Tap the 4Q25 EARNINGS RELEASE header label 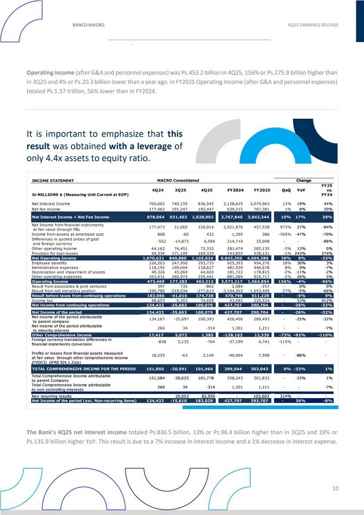(313, 25)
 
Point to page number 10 (335, 489)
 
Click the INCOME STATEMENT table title (53, 181)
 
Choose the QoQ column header (286, 190)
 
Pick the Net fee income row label (45, 209)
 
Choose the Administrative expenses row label (55, 268)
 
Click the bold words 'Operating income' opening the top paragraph (50, 72)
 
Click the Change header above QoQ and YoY (304, 181)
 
